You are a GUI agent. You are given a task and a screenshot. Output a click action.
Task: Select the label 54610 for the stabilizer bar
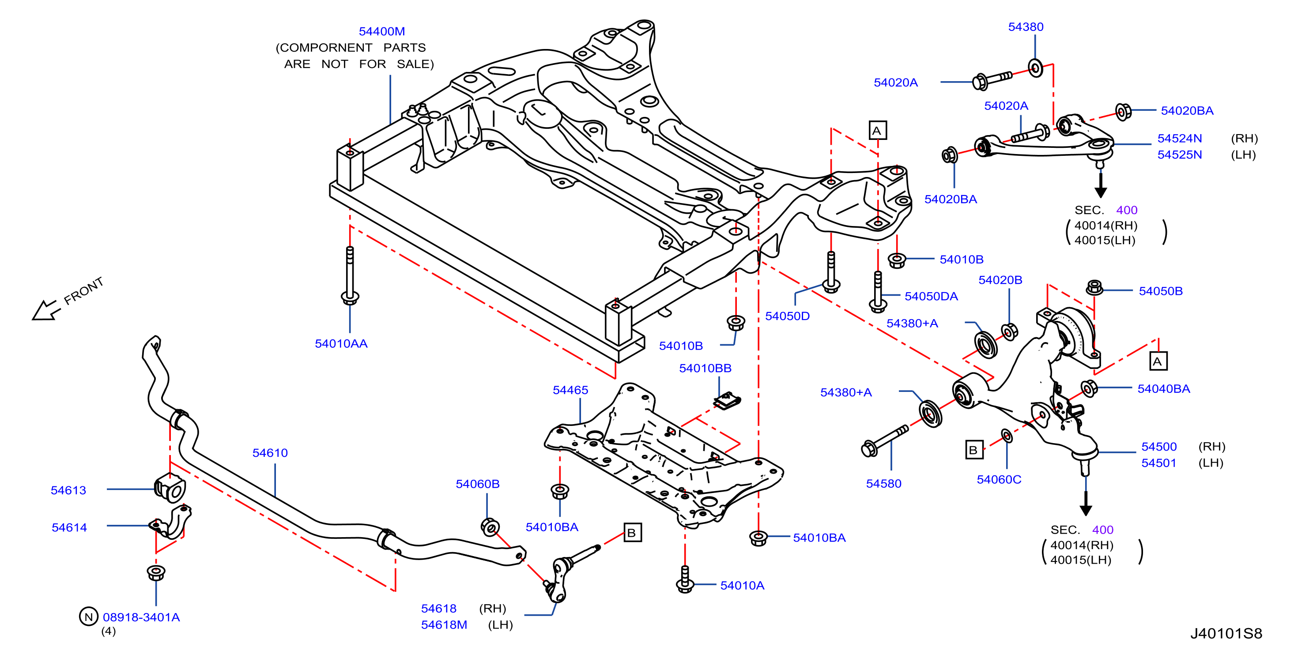[270, 453]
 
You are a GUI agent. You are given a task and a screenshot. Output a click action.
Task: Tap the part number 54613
[68, 490]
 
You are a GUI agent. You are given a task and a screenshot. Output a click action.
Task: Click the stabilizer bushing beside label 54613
[170, 488]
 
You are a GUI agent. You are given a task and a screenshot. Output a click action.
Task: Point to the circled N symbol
[89, 616]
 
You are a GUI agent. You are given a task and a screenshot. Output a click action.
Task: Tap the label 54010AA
[341, 343]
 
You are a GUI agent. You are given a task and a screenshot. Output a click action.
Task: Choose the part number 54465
[570, 390]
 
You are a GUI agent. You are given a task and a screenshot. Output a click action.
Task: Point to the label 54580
[884, 483]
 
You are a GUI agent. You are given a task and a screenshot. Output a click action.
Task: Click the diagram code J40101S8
[1226, 633]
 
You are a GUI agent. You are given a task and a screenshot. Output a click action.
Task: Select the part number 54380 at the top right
[1026, 26]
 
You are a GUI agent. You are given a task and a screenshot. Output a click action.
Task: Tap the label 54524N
[1180, 138]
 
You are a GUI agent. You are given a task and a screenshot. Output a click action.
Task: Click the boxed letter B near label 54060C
[974, 450]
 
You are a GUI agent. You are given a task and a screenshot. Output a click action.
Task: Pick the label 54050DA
[931, 296]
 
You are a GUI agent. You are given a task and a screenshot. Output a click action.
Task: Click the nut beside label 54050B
[1094, 287]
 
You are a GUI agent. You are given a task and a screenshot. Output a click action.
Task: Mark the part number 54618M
[444, 625]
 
